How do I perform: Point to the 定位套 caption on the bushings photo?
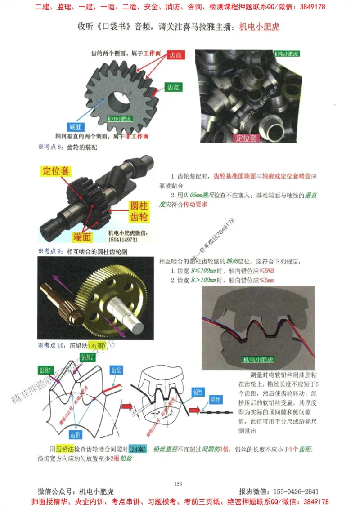247,138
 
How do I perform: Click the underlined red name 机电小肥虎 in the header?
259,27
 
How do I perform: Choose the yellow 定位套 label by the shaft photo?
56,171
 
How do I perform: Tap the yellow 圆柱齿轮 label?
139,212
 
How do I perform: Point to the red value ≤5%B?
264,271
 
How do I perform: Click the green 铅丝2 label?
86,357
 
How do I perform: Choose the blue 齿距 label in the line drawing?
75,434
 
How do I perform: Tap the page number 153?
178,484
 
